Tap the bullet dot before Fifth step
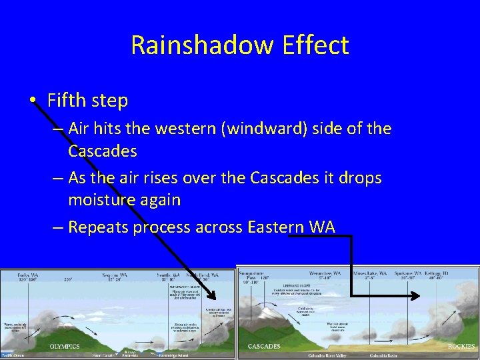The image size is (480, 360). pos(33,101)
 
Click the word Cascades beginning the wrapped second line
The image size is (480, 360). pos(102,151)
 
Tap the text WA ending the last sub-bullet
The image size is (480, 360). pos(322,227)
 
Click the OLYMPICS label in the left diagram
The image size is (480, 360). pos(65,346)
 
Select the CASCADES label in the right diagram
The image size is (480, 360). pos(263,346)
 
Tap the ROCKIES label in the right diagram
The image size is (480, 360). pos(461,346)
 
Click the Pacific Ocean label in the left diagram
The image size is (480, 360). pos(13,355)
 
